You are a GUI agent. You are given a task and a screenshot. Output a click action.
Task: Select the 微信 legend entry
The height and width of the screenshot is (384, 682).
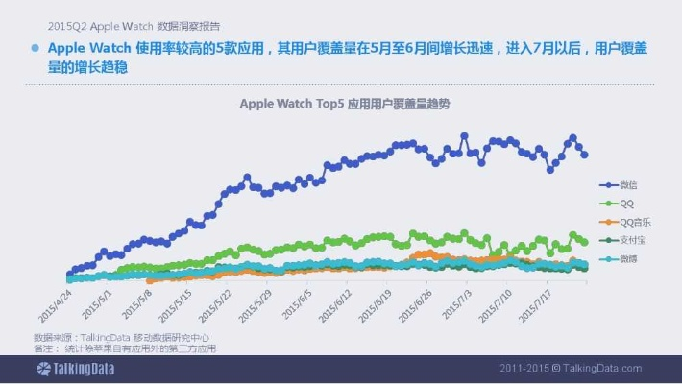pos(626,184)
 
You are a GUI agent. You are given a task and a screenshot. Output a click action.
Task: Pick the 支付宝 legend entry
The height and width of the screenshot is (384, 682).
pos(629,240)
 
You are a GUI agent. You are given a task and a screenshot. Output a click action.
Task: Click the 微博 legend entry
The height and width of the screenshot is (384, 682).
pos(626,259)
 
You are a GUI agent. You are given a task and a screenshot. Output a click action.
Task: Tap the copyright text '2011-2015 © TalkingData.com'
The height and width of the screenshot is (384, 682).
pos(571,369)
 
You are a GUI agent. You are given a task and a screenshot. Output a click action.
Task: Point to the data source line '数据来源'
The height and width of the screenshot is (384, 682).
pos(121,337)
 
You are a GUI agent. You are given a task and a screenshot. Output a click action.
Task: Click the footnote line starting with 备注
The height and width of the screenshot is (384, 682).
pos(125,348)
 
